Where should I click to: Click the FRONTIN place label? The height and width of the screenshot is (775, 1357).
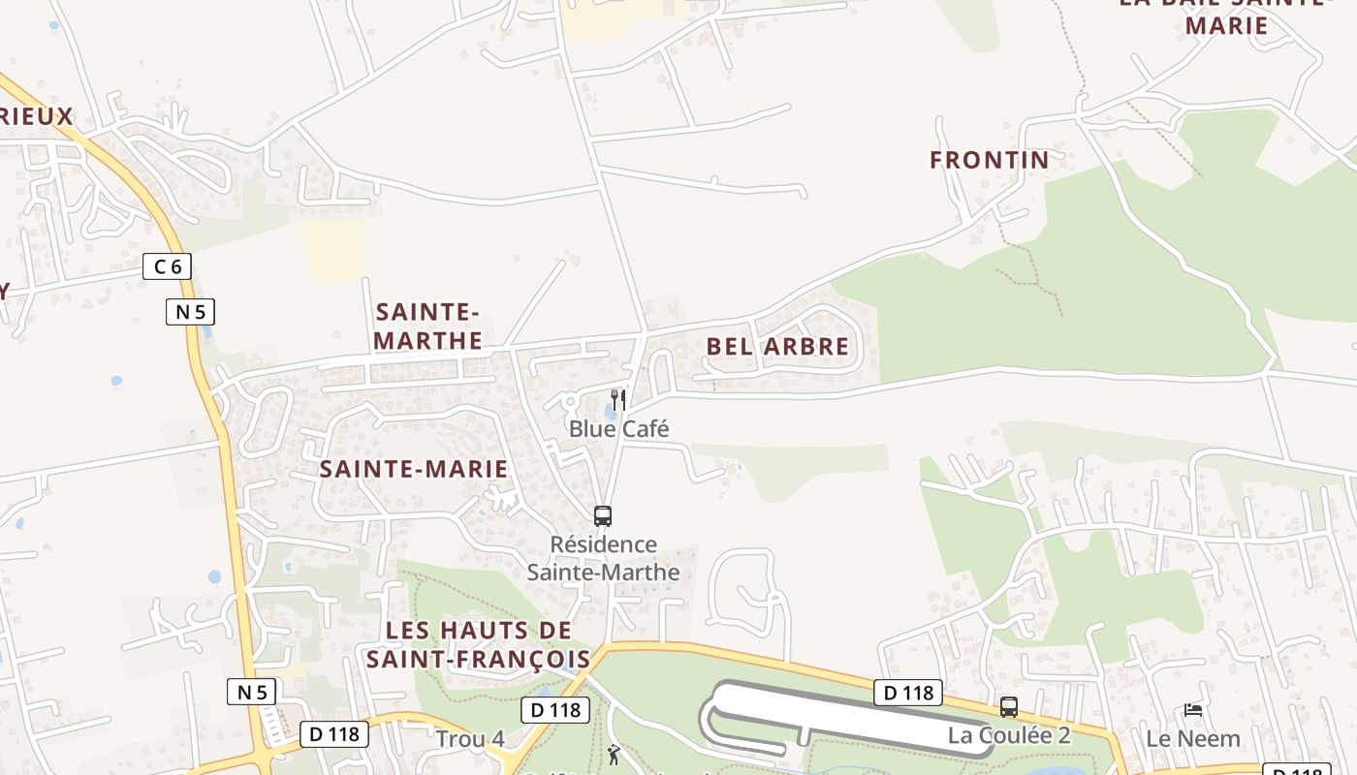click(x=989, y=160)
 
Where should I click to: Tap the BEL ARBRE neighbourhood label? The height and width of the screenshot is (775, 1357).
click(x=777, y=347)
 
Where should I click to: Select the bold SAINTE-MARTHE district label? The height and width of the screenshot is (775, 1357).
click(x=427, y=326)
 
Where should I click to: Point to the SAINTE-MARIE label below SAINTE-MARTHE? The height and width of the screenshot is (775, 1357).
click(x=414, y=470)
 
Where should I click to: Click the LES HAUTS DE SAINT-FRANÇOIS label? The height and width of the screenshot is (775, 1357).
click(x=478, y=645)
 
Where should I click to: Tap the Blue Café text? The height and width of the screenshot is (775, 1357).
click(x=618, y=429)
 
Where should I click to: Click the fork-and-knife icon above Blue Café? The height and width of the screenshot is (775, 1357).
click(x=618, y=399)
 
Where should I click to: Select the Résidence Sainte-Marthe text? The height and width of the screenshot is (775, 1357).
click(x=603, y=558)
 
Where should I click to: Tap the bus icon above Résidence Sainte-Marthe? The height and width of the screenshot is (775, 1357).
click(x=603, y=516)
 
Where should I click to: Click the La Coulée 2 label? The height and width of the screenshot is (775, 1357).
click(x=1009, y=735)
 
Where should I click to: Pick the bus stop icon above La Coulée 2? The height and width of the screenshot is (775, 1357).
click(x=1009, y=707)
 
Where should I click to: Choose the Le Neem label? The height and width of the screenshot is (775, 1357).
click(x=1192, y=739)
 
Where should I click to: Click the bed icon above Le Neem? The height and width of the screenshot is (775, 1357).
click(x=1193, y=710)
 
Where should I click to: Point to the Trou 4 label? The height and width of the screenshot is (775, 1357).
click(x=470, y=739)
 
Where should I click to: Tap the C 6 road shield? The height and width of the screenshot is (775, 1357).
click(x=167, y=266)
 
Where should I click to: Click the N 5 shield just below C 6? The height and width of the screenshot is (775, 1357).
click(x=189, y=312)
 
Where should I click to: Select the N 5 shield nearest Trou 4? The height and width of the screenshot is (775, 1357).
click(x=251, y=692)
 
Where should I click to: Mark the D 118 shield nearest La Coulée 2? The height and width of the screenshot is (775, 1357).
click(x=908, y=693)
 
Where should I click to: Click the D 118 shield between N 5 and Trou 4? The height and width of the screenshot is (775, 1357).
click(x=333, y=734)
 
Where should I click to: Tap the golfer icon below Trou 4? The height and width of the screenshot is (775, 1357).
click(x=613, y=755)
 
